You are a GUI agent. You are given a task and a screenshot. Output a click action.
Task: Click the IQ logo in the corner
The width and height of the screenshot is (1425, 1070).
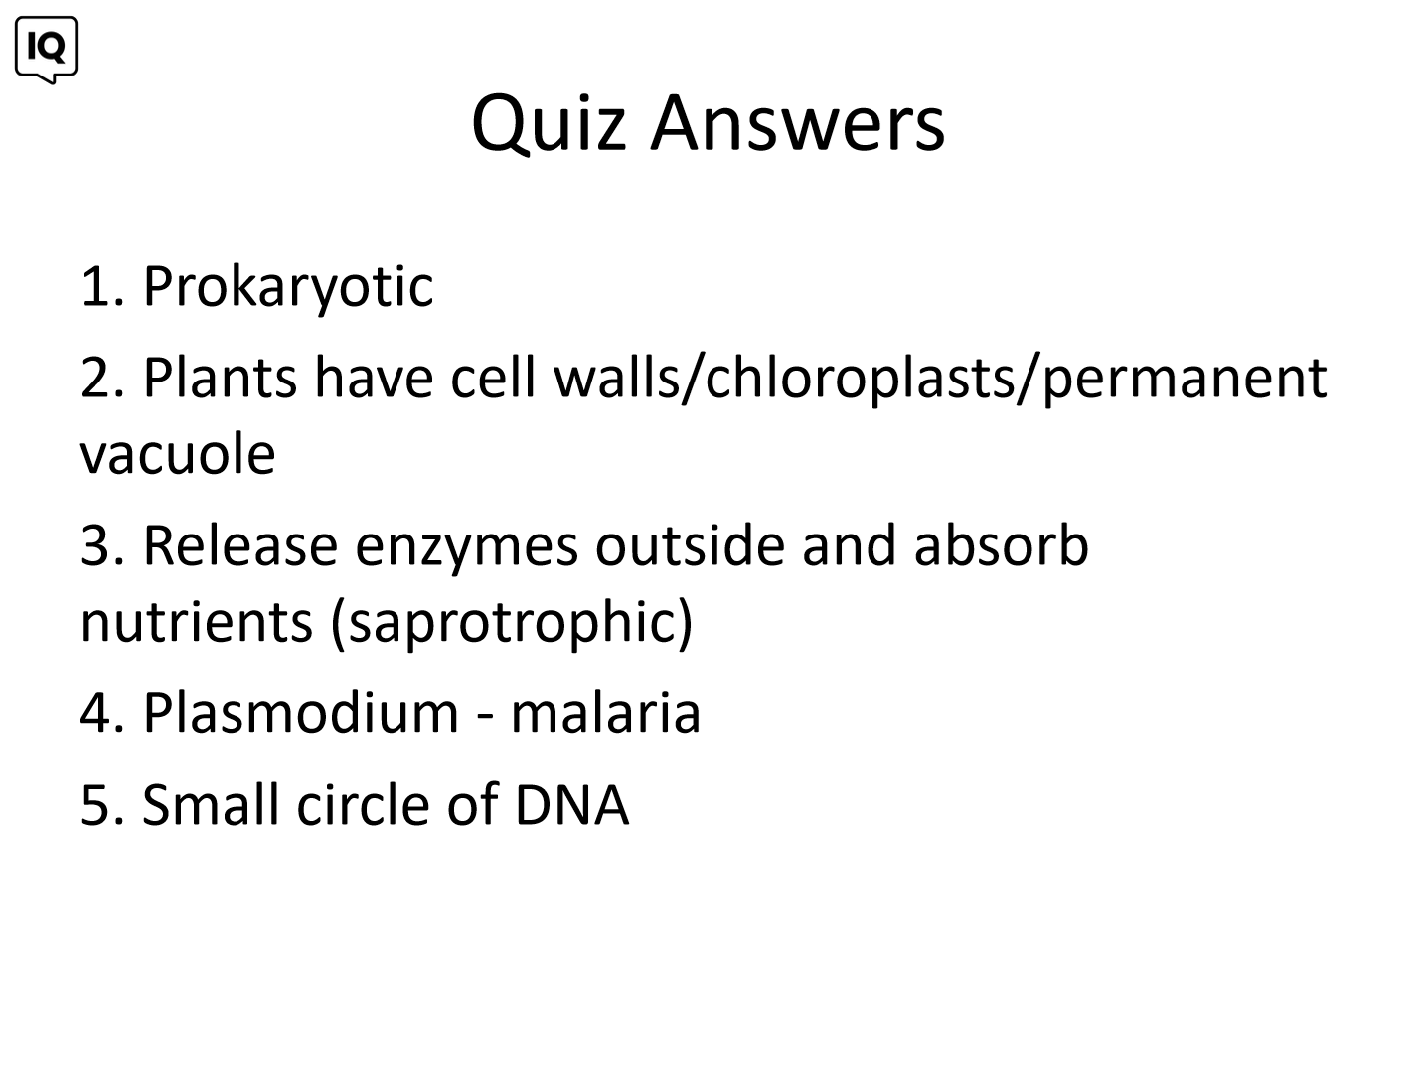(x=46, y=50)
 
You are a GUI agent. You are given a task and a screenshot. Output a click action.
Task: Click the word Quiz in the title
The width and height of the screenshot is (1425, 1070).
(x=549, y=123)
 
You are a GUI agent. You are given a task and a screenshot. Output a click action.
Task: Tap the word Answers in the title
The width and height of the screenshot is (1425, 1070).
(x=798, y=123)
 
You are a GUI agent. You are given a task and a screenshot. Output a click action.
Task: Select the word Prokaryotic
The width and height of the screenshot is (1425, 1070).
(x=288, y=287)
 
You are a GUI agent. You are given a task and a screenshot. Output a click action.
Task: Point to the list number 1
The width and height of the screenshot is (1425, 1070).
(x=101, y=286)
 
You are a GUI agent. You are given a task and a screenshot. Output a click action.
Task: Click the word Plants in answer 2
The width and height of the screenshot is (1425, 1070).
(x=220, y=377)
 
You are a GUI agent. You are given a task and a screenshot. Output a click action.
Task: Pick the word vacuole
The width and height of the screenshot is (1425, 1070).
(x=178, y=454)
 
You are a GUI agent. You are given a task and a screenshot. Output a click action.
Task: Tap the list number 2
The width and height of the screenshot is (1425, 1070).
(x=101, y=377)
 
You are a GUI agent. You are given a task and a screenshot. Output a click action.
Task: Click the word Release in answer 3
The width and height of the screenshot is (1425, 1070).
(x=240, y=545)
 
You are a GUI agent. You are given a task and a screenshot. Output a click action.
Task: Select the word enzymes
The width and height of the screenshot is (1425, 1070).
(x=466, y=549)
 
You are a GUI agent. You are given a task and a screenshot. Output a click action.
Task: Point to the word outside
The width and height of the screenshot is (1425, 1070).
(x=690, y=545)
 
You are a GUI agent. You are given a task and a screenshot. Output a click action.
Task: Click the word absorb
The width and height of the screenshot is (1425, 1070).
(x=1001, y=545)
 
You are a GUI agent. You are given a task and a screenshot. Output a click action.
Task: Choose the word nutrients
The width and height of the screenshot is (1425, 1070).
(x=197, y=622)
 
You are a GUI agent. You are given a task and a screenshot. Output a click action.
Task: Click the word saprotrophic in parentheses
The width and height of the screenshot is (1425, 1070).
(x=512, y=624)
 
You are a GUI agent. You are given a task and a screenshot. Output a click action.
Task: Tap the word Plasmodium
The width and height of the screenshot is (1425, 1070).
(x=301, y=713)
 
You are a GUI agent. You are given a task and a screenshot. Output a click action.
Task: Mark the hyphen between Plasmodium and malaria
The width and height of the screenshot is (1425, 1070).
(x=484, y=718)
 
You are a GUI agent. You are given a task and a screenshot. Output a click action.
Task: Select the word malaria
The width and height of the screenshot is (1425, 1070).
(x=605, y=713)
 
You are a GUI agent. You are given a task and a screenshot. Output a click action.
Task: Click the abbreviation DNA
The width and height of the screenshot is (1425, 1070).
(x=571, y=805)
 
